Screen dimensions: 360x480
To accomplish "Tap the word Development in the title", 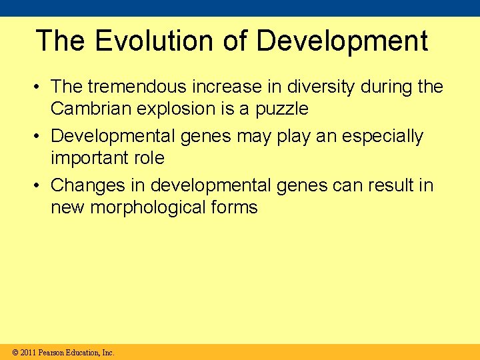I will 342,41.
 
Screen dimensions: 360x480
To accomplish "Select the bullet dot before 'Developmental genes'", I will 41,137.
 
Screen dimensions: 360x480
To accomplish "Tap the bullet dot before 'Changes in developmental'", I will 41,185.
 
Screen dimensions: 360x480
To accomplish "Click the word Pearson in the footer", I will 52,352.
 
